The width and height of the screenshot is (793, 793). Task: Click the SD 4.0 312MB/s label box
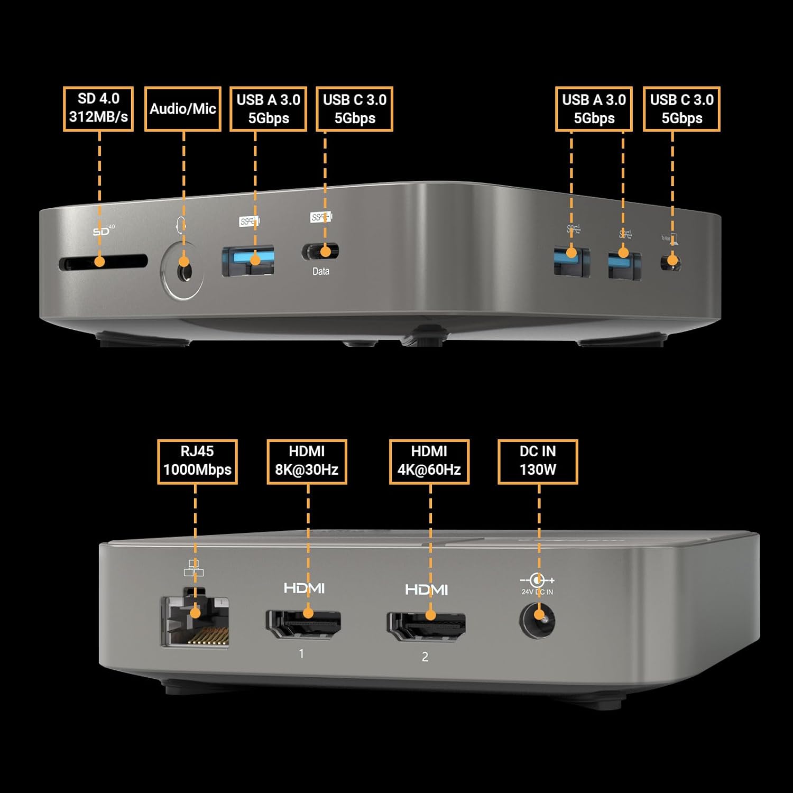point(98,108)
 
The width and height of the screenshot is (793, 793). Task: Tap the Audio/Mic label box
point(183,108)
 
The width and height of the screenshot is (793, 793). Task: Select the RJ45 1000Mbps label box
point(197,461)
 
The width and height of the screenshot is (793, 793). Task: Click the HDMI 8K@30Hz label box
point(307,461)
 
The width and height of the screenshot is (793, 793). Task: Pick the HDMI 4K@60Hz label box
point(429,461)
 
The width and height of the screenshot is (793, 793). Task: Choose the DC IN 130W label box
point(538,461)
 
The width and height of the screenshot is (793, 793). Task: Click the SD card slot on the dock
point(103,262)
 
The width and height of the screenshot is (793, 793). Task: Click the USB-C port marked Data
point(321,252)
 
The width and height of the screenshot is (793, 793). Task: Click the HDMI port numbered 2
point(426,627)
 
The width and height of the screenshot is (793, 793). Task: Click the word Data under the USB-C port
point(321,271)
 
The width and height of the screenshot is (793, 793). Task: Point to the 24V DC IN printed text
point(537,592)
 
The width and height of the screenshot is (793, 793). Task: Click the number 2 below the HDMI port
point(425,657)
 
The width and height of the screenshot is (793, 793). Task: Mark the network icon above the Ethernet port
point(194,568)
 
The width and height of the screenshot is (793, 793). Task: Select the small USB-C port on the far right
point(671,262)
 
